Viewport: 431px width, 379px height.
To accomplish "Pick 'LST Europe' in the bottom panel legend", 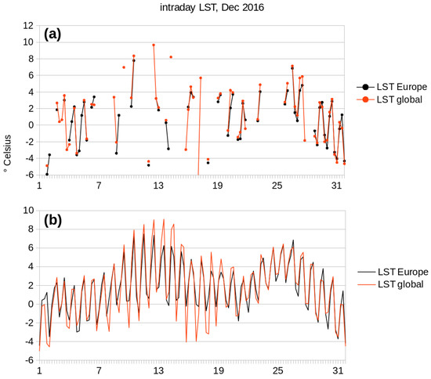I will pyautogui.click(x=397, y=271).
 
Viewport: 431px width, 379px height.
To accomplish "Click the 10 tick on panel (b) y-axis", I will pyautogui.click(x=28, y=210).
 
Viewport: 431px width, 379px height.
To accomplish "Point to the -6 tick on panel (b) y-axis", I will pyautogui.click(x=29, y=361).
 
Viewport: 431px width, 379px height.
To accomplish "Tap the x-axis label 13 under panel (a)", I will pyautogui.click(x=158, y=186).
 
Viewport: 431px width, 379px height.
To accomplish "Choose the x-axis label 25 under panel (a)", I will pyautogui.click(x=277, y=186).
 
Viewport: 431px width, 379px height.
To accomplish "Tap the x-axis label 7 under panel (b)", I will pyautogui.click(x=99, y=370).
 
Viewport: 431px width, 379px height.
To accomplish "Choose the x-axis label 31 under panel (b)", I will pyautogui.click(x=337, y=370).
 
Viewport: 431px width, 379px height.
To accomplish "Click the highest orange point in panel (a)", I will pyautogui.click(x=154, y=45).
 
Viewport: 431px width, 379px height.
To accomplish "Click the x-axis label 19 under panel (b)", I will pyautogui.click(x=218, y=370).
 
